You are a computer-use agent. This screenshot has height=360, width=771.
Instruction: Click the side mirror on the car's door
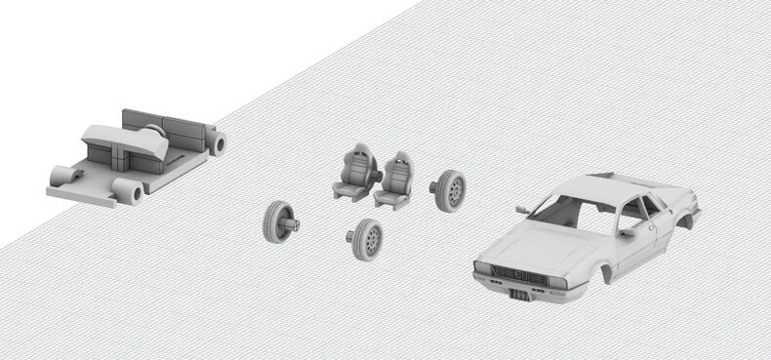click(626, 232)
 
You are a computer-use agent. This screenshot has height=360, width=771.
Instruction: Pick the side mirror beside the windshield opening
click(524, 208)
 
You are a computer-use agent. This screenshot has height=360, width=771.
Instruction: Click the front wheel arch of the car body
click(608, 272)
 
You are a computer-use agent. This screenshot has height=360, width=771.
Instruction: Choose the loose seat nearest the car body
click(396, 179)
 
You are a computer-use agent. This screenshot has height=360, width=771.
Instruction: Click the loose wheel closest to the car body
click(450, 190)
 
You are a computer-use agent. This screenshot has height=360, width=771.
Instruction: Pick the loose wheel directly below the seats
click(366, 239)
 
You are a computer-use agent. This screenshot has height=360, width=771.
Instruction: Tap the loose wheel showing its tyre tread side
click(278, 221)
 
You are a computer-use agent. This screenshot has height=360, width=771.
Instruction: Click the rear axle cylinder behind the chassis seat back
click(219, 144)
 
